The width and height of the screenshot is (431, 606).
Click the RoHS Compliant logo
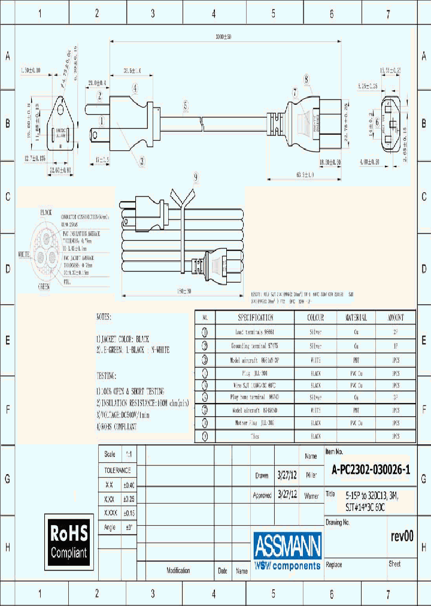coord(69,541)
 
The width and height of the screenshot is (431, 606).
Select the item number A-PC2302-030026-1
coord(371,471)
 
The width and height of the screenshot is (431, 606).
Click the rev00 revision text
coord(401,537)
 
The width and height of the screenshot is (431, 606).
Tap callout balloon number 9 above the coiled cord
coord(195,177)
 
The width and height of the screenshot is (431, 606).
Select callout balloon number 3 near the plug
coord(142,160)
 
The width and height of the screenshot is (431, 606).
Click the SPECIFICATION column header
coord(256,317)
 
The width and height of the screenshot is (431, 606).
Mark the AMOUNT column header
coord(395,317)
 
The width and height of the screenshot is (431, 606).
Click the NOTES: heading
coord(112,316)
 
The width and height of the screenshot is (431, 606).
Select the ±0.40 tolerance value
coord(129,485)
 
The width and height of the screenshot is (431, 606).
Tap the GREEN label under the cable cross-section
coord(44,286)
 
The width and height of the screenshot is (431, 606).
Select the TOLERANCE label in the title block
coord(117,471)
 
